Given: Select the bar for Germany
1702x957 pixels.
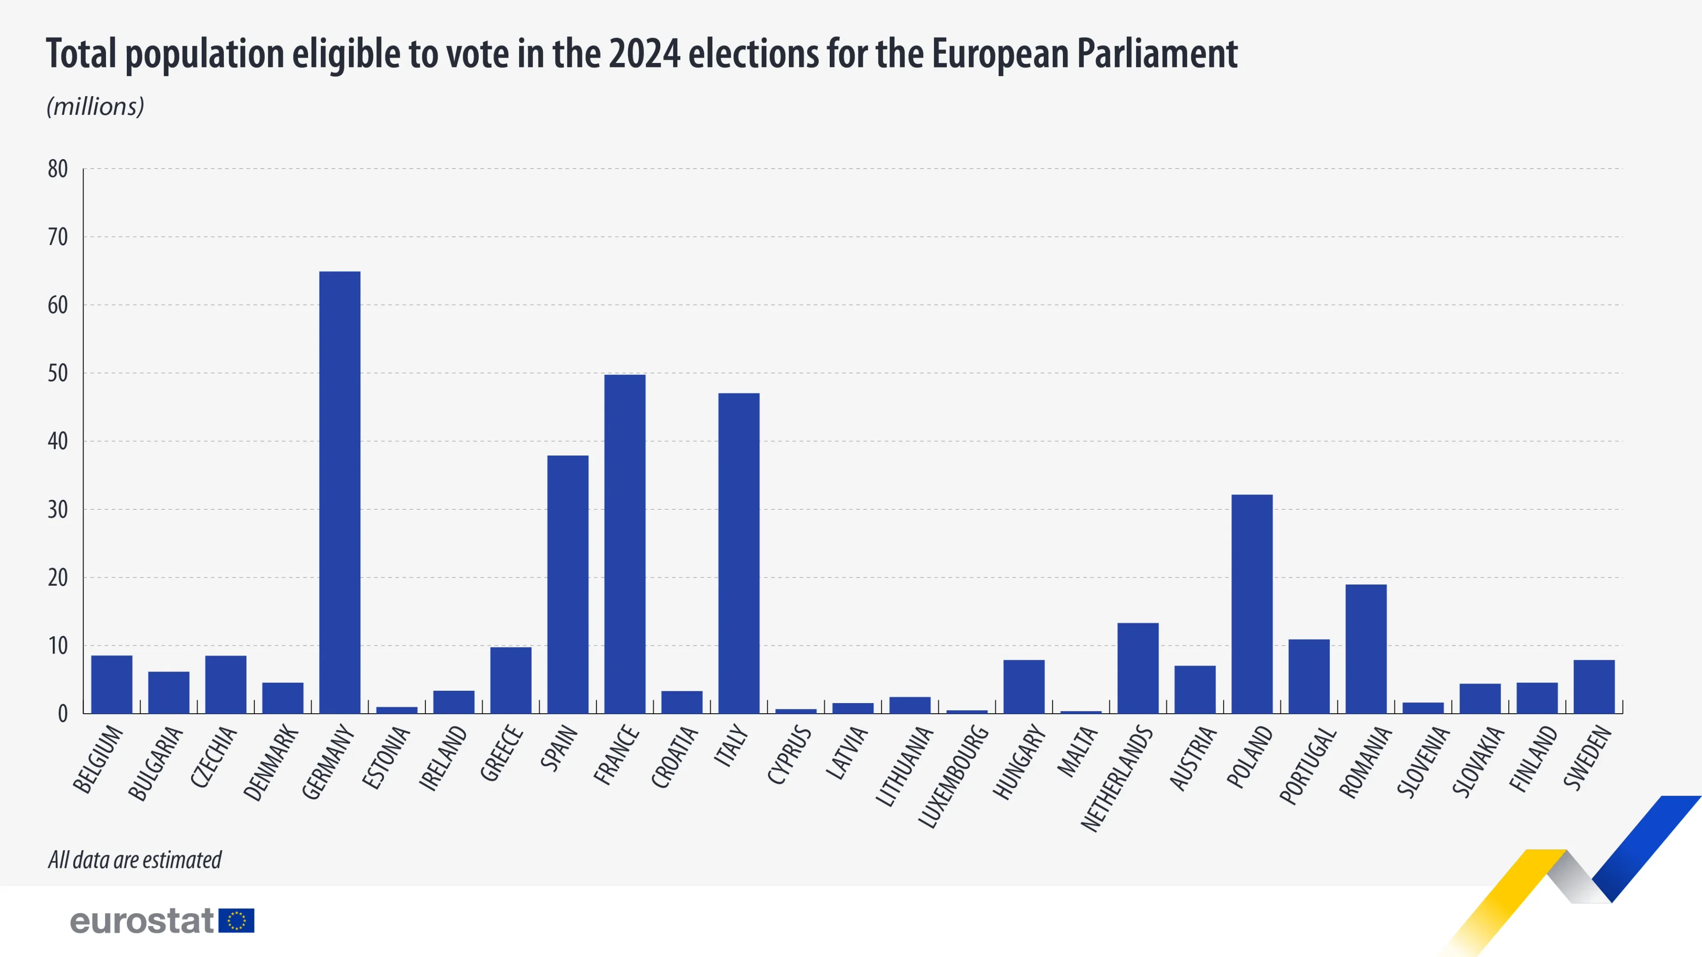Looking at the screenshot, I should pyautogui.click(x=340, y=492).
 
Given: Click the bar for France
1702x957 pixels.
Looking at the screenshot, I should pyautogui.click(x=625, y=544).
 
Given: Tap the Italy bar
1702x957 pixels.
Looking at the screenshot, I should pyautogui.click(x=739, y=553).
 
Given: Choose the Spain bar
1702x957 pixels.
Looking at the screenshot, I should pyautogui.click(x=567, y=584).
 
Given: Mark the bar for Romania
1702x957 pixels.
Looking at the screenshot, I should pyautogui.click(x=1366, y=649).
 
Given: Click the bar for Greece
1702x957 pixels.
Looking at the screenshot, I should pyautogui.click(x=511, y=680).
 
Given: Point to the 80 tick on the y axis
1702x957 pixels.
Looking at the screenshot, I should pyautogui.click(x=58, y=169).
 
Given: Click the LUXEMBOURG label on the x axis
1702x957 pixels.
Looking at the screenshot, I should pyautogui.click(x=953, y=776).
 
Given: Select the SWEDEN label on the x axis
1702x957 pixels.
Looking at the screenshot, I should pyautogui.click(x=1587, y=758).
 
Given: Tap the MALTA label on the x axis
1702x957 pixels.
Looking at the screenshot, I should pyautogui.click(x=1077, y=751).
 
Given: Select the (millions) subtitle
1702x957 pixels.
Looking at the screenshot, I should pyautogui.click(x=95, y=106).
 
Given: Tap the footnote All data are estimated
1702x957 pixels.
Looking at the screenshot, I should pyautogui.click(x=135, y=860).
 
